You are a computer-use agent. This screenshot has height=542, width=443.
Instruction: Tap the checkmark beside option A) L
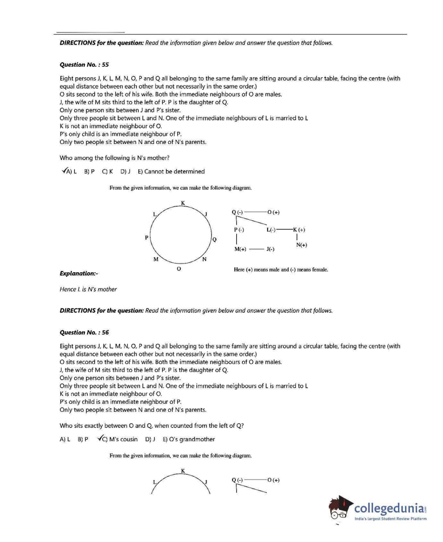tap(65, 171)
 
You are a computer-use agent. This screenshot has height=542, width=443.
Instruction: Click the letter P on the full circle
tap(146, 238)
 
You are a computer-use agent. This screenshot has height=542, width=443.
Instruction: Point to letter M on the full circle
tap(156, 259)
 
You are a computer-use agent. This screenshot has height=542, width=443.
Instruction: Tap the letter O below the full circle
tap(179, 269)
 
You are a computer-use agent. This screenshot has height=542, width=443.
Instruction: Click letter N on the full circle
tap(204, 259)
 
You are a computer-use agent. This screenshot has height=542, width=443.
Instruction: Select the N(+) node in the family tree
tap(302, 245)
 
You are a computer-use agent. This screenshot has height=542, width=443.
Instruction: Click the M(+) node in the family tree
tap(240, 249)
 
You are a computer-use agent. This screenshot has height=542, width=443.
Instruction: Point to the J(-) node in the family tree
tap(270, 249)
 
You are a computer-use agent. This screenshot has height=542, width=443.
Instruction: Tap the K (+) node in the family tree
tap(299, 230)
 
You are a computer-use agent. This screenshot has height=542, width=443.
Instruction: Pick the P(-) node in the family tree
tap(239, 230)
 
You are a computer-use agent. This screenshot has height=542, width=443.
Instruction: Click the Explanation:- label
tap(79, 273)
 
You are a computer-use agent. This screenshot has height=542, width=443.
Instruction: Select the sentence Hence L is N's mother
tap(88, 289)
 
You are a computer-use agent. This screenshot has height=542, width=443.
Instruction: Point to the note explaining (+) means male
tap(281, 270)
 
